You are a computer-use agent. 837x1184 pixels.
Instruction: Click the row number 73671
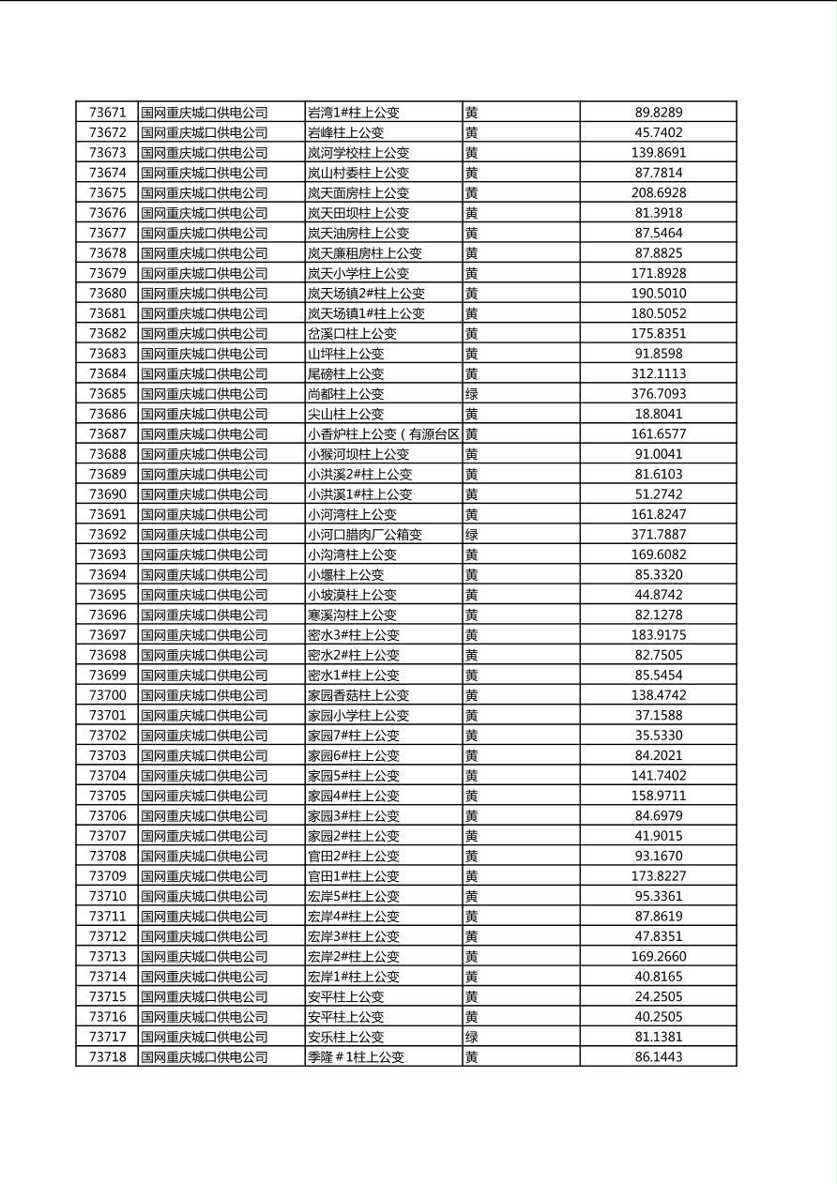[x=107, y=113]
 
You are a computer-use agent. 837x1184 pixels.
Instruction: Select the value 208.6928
[x=658, y=192]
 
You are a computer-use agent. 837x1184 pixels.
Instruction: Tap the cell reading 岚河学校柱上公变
[x=358, y=153]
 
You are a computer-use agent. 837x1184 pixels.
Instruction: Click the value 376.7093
[x=658, y=394]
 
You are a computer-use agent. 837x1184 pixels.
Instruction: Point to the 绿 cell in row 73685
[x=472, y=394]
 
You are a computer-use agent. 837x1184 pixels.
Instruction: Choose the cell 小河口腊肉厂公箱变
[x=365, y=535]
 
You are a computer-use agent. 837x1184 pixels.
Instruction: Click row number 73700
[x=107, y=695]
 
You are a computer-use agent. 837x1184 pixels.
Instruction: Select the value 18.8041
[x=658, y=414]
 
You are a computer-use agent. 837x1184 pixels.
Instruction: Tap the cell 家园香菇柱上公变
[x=358, y=695]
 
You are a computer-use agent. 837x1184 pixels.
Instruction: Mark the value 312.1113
[x=658, y=373]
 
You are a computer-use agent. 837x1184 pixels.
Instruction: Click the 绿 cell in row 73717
[x=472, y=1037]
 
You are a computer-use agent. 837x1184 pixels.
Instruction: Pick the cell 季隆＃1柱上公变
[x=356, y=1057]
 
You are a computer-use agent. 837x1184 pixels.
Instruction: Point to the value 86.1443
[x=658, y=1057]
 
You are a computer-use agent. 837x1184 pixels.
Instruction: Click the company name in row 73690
[x=205, y=494]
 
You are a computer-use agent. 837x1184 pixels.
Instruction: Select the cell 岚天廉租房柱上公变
[x=365, y=253]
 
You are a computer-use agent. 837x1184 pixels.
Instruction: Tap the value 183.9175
[x=658, y=635]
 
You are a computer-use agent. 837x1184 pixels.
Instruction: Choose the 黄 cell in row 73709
[x=472, y=876]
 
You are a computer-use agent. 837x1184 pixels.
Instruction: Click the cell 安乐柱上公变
[x=345, y=1037]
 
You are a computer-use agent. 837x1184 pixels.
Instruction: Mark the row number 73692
[x=107, y=535]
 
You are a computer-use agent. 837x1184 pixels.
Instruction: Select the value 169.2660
[x=658, y=957]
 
